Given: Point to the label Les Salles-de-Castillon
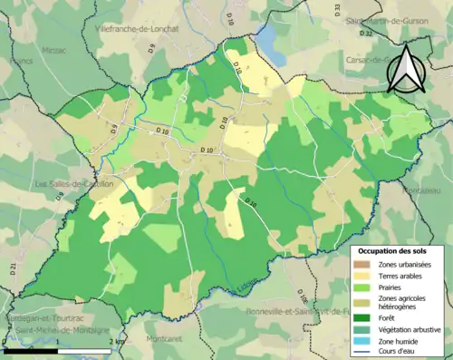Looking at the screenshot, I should click(73, 184).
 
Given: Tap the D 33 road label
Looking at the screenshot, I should click(336, 9).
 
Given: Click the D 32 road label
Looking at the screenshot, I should click(366, 34).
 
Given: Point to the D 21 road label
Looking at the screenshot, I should click(14, 268).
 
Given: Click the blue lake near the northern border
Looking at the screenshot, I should click(269, 36).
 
